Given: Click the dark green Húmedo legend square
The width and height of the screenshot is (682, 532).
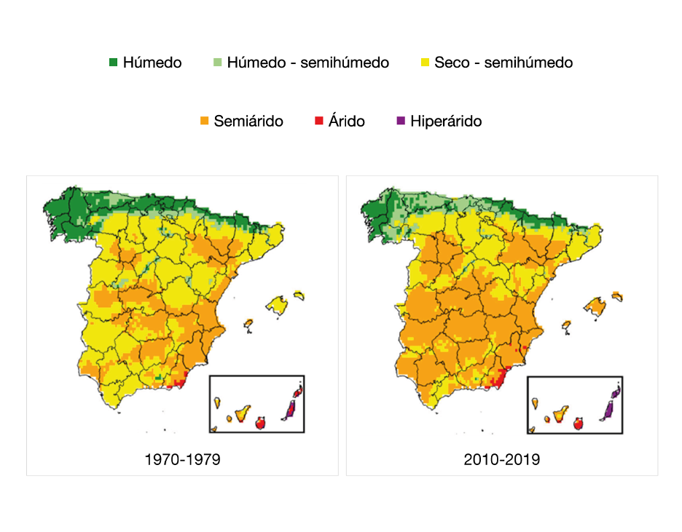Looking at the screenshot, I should (113, 63).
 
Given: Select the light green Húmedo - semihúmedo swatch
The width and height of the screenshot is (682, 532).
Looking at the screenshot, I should (217, 63).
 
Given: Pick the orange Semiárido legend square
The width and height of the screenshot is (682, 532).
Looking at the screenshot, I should (204, 121).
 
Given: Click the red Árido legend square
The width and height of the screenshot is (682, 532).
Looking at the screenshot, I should (318, 121).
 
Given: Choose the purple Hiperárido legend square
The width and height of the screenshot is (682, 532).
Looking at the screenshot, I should (400, 121).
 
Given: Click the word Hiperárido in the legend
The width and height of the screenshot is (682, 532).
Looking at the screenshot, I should (446, 122).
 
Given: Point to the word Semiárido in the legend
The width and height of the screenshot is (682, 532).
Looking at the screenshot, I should (248, 122).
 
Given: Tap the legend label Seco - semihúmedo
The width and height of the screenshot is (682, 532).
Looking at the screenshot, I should (503, 63).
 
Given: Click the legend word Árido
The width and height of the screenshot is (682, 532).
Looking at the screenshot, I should (347, 122).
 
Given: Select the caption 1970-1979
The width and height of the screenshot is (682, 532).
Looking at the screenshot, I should (183, 459).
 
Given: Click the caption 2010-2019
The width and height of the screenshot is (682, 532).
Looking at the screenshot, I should (501, 459).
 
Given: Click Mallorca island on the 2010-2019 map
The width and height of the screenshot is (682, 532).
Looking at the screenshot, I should (596, 305).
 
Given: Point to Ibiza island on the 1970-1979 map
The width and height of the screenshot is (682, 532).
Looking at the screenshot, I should (248, 323).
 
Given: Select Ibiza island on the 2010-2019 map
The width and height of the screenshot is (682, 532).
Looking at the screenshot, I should (567, 325).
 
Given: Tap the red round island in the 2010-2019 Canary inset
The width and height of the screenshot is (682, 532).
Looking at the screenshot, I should (579, 422).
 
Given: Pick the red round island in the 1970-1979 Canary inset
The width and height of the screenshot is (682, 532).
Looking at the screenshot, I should (261, 421).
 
